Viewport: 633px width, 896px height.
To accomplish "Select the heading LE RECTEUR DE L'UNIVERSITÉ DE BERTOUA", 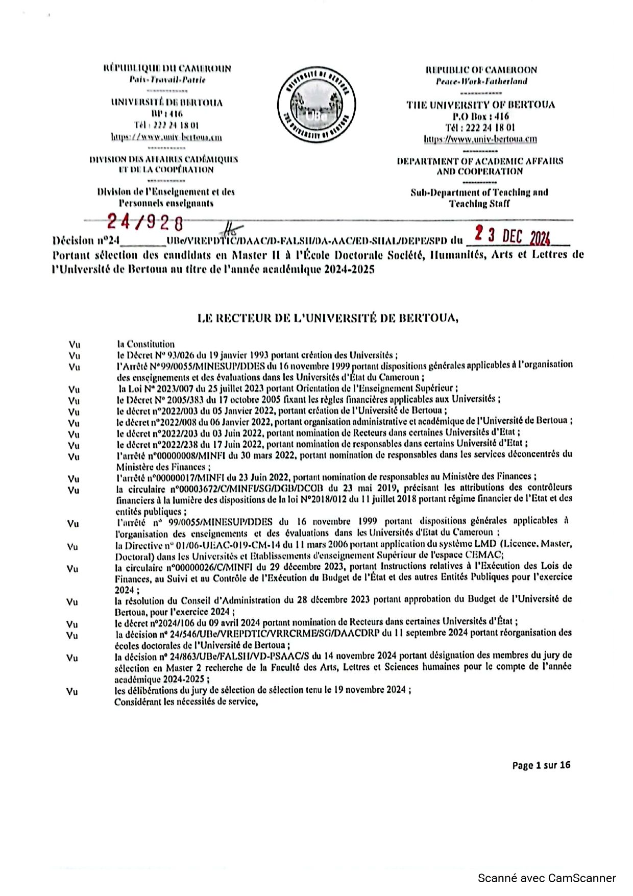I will click(x=328, y=318).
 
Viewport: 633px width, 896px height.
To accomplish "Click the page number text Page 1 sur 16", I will click(x=541, y=765).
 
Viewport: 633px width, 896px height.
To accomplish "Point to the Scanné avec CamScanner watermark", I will click(x=547, y=878).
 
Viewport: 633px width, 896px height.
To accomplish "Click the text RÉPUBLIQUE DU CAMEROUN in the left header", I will click(x=167, y=68).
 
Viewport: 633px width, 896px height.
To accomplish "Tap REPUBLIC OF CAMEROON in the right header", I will click(x=481, y=70).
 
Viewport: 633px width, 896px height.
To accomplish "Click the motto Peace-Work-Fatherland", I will click(x=481, y=81).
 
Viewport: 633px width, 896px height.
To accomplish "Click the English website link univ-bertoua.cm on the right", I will click(x=480, y=139).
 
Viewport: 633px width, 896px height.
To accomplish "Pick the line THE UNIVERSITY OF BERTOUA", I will click(x=480, y=105).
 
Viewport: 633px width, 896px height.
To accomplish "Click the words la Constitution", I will click(x=145, y=344).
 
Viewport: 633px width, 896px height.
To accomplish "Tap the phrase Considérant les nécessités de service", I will click(x=186, y=701).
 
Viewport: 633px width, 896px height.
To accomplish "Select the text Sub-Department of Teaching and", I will click(x=479, y=192).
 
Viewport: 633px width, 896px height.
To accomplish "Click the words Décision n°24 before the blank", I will click(x=85, y=240).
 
